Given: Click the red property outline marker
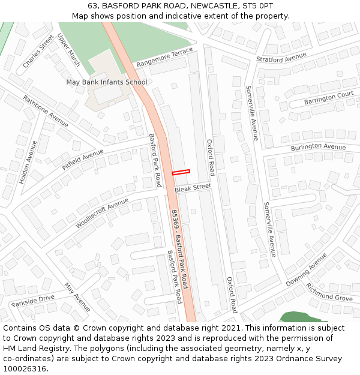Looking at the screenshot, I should pos(181,172).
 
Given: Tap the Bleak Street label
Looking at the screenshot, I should pos(193,188).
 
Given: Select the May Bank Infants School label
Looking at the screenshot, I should pos(106,82).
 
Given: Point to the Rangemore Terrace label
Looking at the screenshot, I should pos(164,57).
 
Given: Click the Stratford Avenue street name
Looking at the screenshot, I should pos(281,58).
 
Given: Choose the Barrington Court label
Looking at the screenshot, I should pos(328,98).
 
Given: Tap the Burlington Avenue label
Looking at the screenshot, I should pos(318,147).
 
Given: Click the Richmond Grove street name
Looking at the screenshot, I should pos(329,292).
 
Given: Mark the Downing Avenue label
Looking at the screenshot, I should pos(306,269).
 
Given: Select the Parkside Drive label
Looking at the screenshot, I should pos(33,300).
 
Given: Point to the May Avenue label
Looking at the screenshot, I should pos(77,297).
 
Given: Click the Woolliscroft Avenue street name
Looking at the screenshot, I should pos(102,214).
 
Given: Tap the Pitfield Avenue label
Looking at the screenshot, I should pos(83,160).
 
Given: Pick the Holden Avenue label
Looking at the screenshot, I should pos(28,162).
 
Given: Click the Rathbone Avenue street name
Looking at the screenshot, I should pos(46,111).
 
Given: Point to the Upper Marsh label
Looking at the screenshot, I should pos(68,50).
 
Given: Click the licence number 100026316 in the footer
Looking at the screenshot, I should pos(25,369).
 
